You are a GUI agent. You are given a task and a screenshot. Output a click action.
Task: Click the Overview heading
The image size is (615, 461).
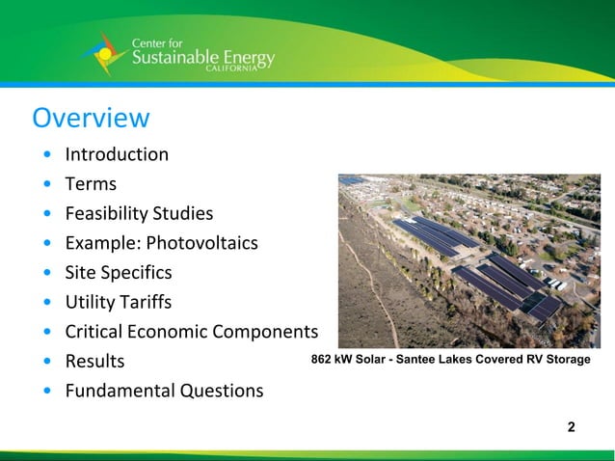91,118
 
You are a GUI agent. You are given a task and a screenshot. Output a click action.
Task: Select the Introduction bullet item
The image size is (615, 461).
116,154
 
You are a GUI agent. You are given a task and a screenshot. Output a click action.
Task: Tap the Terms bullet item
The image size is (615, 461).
91,184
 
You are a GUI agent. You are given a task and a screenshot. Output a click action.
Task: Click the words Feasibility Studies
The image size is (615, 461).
139,213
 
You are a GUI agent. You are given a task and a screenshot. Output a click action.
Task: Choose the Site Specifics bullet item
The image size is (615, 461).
118,273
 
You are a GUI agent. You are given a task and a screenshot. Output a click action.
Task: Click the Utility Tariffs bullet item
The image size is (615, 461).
118,303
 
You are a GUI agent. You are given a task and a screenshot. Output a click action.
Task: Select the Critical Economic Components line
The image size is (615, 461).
191,332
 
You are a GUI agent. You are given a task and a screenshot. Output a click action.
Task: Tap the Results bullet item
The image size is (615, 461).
94,362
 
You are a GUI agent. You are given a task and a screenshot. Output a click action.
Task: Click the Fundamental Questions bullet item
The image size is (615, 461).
163,391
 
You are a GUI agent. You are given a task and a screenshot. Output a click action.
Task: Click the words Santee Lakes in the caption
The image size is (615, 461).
431,360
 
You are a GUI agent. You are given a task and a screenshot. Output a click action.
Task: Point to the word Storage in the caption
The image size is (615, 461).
567,360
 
